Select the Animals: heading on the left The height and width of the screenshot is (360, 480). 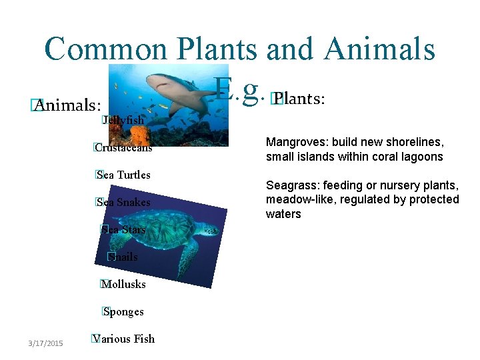(69, 105)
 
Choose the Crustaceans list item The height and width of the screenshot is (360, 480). (124, 147)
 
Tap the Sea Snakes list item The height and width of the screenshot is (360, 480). (124, 202)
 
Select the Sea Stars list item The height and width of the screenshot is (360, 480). (124, 229)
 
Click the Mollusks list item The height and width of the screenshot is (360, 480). (124, 284)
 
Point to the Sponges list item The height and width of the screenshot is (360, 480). (124, 311)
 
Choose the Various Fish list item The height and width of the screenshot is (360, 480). (125, 339)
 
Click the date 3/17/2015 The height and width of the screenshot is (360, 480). (45, 343)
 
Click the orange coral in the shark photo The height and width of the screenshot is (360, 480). (141, 135)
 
